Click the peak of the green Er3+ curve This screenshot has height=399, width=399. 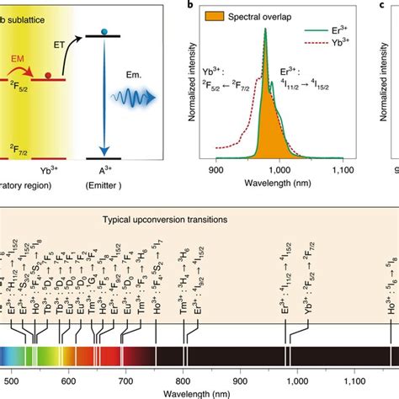click(264, 29)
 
